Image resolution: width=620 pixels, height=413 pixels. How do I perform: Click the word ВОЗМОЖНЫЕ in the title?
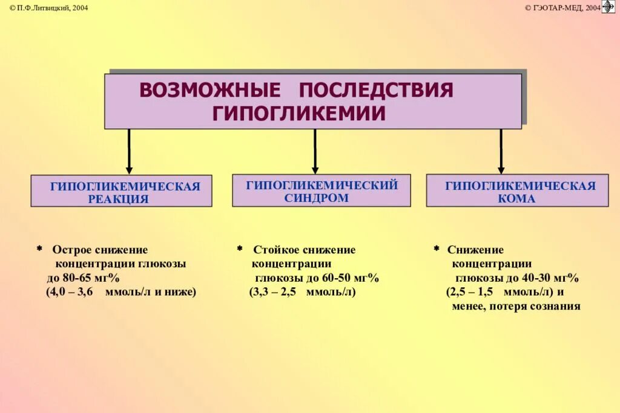(210, 90)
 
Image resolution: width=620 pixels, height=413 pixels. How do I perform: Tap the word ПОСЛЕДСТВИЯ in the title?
(376, 90)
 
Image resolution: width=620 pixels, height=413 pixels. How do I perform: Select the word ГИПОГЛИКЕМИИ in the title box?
(298, 113)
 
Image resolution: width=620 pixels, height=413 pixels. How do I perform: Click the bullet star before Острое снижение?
(39, 249)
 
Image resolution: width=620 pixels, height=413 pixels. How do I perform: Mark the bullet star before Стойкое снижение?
(240, 249)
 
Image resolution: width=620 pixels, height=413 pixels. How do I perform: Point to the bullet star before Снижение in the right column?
(437, 249)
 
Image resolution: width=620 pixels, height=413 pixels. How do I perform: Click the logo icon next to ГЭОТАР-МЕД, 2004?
(608, 7)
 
